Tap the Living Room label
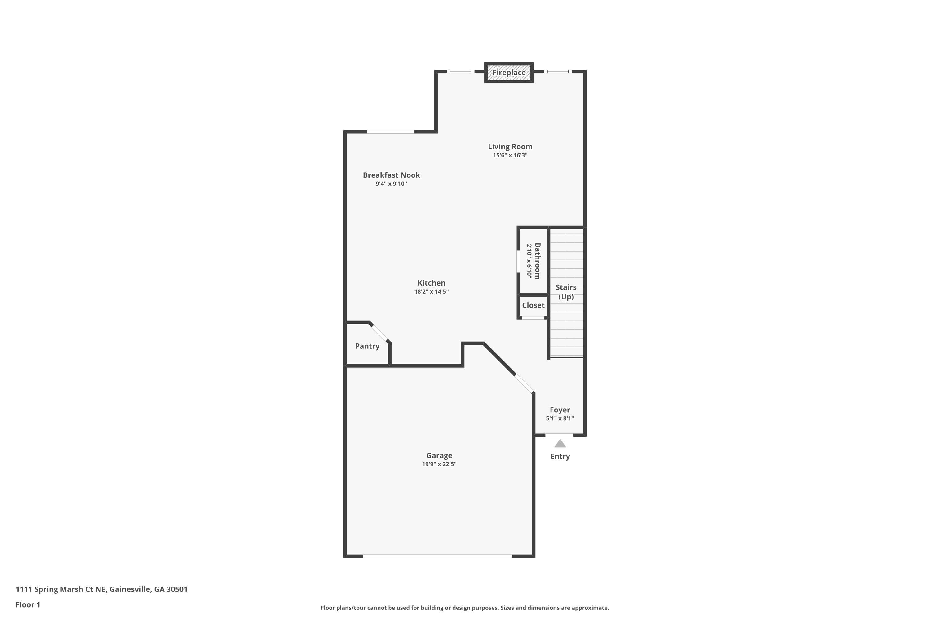tap(510, 147)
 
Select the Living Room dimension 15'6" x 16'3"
tap(510, 155)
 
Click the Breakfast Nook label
tap(391, 175)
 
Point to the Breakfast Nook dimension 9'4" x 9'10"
tap(391, 184)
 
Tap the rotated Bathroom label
tap(537, 261)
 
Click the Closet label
tap(533, 305)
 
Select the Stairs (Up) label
tap(565, 292)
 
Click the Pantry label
tap(367, 346)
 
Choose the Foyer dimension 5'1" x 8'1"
tap(560, 418)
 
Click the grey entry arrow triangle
tap(560, 444)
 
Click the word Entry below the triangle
tap(560, 456)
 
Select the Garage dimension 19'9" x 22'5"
tap(439, 464)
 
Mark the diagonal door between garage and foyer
tap(524, 383)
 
